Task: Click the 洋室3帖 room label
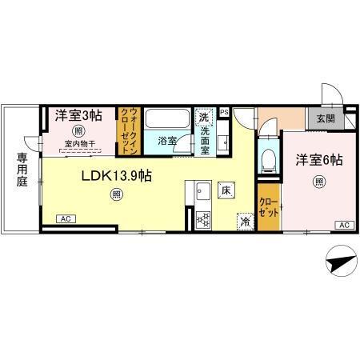(78, 116)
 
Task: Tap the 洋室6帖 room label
(318, 159)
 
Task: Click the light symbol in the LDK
(117, 193)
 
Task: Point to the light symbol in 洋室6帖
(318, 181)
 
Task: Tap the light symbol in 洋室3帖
(78, 130)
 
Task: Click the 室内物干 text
(78, 144)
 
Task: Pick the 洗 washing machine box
(204, 116)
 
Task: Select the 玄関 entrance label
(326, 118)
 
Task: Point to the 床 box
(226, 190)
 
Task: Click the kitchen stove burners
(202, 218)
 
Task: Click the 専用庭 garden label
(18, 170)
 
